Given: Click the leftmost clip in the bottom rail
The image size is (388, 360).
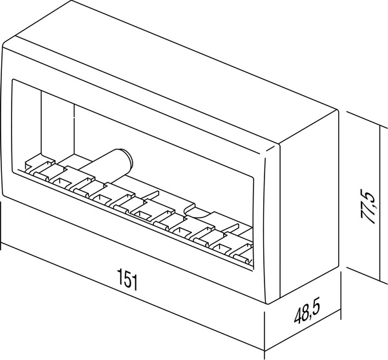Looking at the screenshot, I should point(39,170).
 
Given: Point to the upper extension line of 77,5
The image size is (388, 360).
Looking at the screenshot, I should point(363,119).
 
